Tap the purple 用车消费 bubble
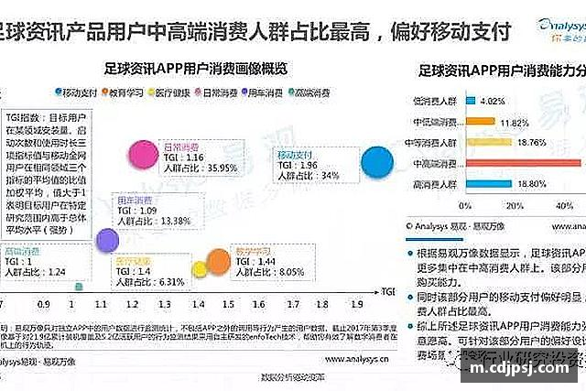108,240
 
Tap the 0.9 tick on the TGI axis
44,301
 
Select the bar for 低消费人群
466,100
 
